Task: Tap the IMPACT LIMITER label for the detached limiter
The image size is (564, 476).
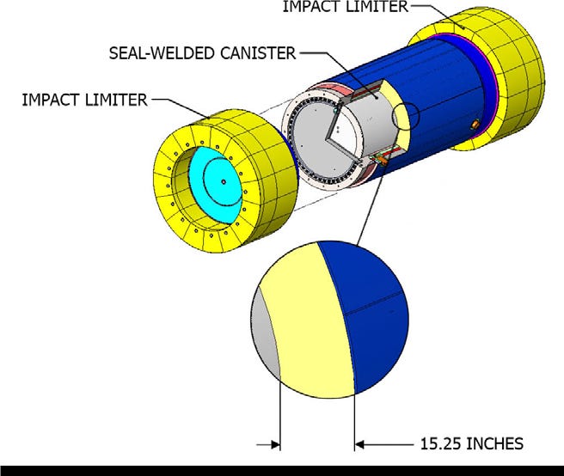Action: point(83,101)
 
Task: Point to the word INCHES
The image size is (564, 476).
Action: point(494,445)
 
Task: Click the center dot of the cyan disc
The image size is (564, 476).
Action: point(222,181)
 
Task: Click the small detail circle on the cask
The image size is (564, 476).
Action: point(403,121)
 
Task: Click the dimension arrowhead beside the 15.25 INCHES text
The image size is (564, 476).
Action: point(360,444)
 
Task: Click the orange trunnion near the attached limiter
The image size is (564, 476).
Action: point(473,125)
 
